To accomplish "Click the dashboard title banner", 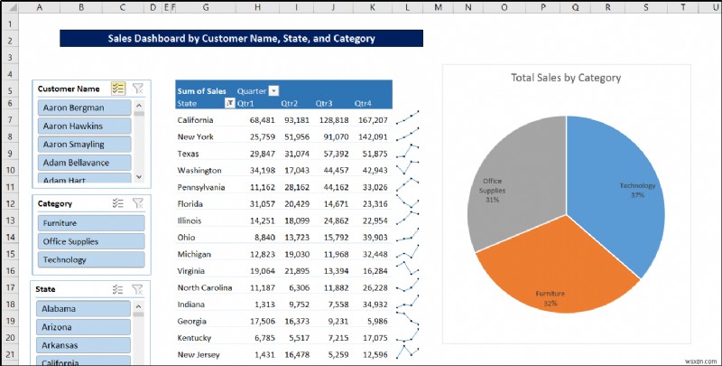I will tap(241, 39).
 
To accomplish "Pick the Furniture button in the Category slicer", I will tap(90, 222).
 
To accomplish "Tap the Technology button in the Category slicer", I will tap(90, 259).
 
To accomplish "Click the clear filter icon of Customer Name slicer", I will tap(137, 89).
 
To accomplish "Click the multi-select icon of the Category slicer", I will tap(118, 204).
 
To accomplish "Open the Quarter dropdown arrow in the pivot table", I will tap(273, 91).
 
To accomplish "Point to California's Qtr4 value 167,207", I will tap(372, 120).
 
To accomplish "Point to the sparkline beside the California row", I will tap(408, 119).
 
